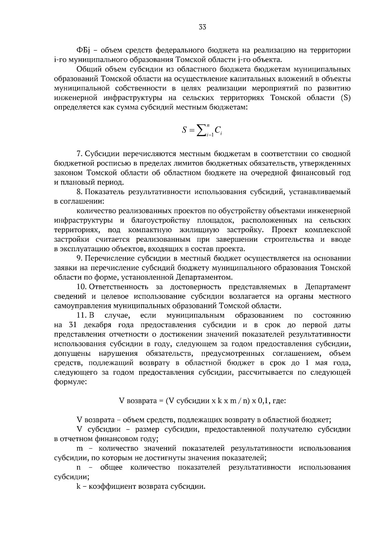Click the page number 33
tap(202, 27)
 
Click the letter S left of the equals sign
tap(184, 130)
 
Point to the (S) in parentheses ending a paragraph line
tap(346, 98)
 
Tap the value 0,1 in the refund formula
tap(264, 401)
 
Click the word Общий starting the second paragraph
tap(87, 69)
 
